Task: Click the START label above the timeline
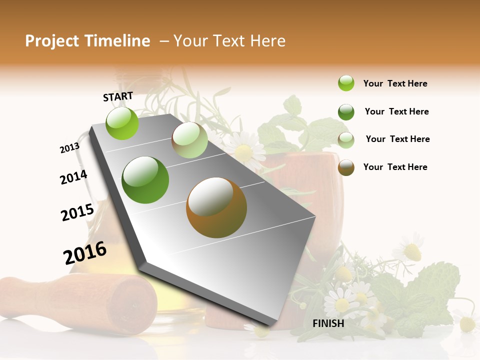(118, 96)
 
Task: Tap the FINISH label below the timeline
(328, 323)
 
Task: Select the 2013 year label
(69, 148)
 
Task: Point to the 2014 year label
(73, 177)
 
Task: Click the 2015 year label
(77, 212)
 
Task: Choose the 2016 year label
(85, 253)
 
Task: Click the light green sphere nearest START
(122, 123)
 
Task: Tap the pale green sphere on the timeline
(189, 140)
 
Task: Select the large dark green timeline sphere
(145, 179)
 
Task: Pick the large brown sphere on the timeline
(216, 207)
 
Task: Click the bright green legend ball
(346, 83)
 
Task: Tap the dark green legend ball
(346, 112)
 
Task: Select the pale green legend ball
(346, 139)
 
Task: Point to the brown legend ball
(346, 167)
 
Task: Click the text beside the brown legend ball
(395, 167)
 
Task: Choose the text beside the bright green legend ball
(395, 83)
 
